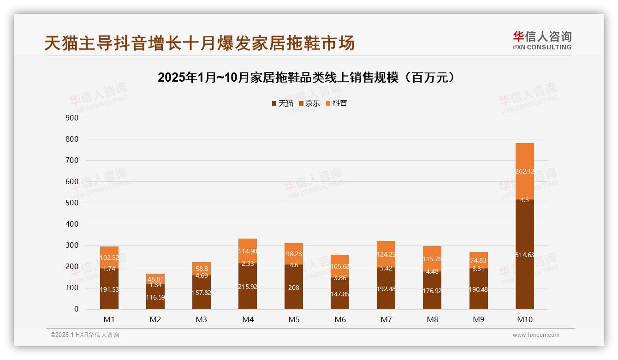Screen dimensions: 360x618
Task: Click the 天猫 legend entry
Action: (x=282, y=103)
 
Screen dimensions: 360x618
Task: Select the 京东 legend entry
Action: (x=309, y=103)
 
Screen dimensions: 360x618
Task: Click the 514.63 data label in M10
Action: (x=524, y=255)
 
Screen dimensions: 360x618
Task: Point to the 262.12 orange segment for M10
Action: (x=524, y=171)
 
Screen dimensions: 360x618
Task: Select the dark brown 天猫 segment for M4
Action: (x=248, y=286)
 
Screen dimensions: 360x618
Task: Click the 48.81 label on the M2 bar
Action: (x=155, y=279)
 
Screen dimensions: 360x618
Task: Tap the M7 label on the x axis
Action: (x=386, y=319)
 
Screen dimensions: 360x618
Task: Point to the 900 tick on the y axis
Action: (x=72, y=118)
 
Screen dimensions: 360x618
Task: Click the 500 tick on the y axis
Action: (x=72, y=203)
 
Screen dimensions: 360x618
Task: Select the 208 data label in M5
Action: (x=294, y=288)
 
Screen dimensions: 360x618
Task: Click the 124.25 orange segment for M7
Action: (x=386, y=254)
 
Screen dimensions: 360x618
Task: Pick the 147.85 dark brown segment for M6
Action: (x=340, y=294)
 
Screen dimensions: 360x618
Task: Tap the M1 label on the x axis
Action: (x=109, y=319)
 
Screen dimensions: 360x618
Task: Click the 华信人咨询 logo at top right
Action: (x=542, y=40)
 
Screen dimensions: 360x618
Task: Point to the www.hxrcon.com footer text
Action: (x=536, y=335)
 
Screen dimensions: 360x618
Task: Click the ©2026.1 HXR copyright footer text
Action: (x=85, y=335)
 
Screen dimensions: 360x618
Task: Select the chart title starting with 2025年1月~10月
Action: (x=309, y=77)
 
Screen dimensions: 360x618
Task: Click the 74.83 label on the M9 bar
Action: (x=478, y=260)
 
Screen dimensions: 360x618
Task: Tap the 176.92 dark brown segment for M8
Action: (x=432, y=291)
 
